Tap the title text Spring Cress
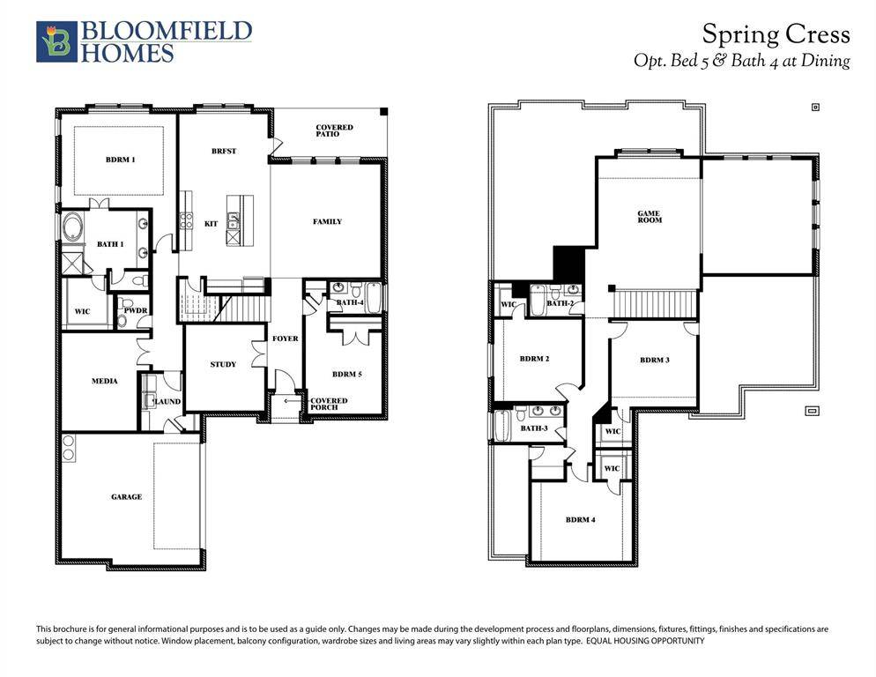tap(776, 34)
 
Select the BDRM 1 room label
tap(120, 160)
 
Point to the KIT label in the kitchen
tap(211, 224)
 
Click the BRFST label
tap(224, 151)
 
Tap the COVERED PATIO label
tap(334, 131)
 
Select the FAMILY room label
tap(327, 221)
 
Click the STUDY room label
tap(223, 364)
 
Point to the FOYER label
tap(285, 338)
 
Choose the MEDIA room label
tap(105, 381)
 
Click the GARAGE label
tap(126, 496)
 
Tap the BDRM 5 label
tap(346, 374)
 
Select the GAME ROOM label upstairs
tap(650, 218)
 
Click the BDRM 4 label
tap(580, 519)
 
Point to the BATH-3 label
tap(534, 428)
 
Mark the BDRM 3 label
tap(655, 360)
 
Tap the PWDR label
tap(135, 310)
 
